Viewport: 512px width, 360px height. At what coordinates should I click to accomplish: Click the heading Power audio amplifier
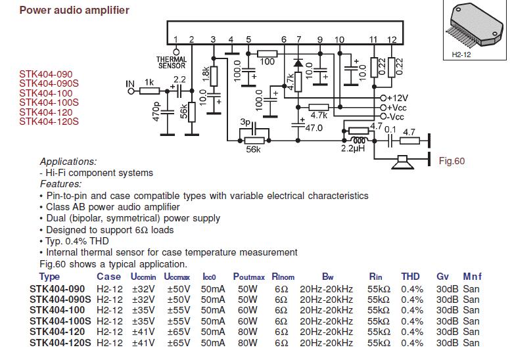(74, 11)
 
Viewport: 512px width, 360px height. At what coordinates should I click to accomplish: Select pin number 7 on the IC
(299, 39)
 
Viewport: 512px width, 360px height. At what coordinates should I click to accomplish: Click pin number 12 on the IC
(392, 39)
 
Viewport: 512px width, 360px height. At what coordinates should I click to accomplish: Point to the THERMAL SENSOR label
(172, 62)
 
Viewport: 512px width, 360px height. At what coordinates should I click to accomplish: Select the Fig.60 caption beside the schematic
(451, 161)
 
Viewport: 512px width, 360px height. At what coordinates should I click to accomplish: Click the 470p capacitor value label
(156, 112)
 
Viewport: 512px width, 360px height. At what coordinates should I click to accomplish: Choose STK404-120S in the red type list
(49, 121)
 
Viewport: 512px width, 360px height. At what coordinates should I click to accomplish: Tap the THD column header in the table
(411, 277)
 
